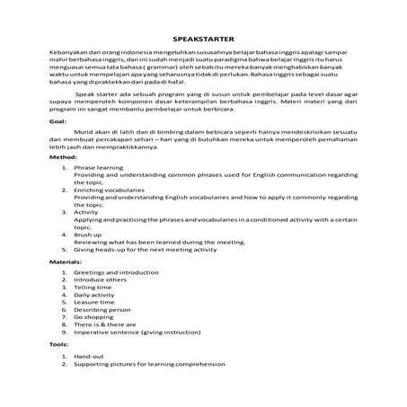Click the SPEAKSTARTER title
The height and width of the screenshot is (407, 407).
point(203,39)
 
